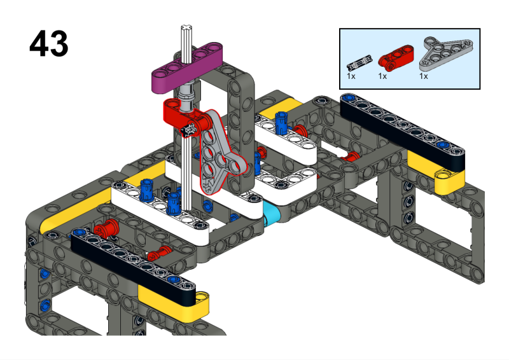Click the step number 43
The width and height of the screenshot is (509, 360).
tap(48, 44)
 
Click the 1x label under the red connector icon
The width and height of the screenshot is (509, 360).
tap(382, 76)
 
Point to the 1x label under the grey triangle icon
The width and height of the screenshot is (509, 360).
tap(423, 76)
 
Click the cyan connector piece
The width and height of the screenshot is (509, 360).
tap(272, 216)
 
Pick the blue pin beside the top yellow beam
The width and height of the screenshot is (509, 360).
tap(281, 118)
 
